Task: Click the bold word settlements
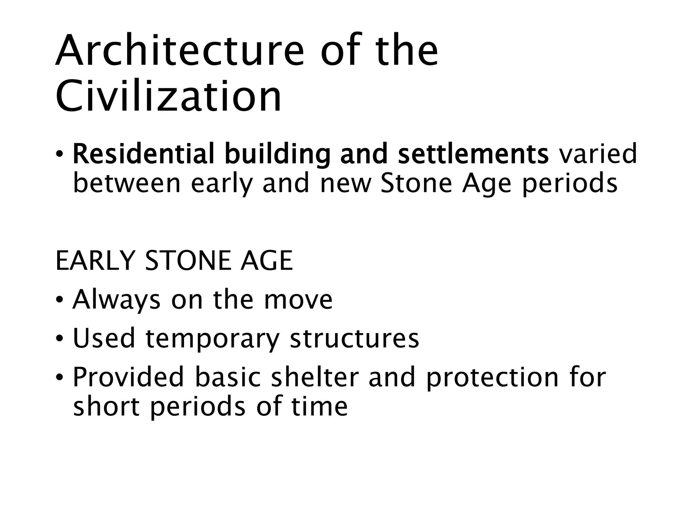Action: [473, 154]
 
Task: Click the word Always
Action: [116, 300]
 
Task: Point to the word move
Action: [298, 300]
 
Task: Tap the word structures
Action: [354, 339]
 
